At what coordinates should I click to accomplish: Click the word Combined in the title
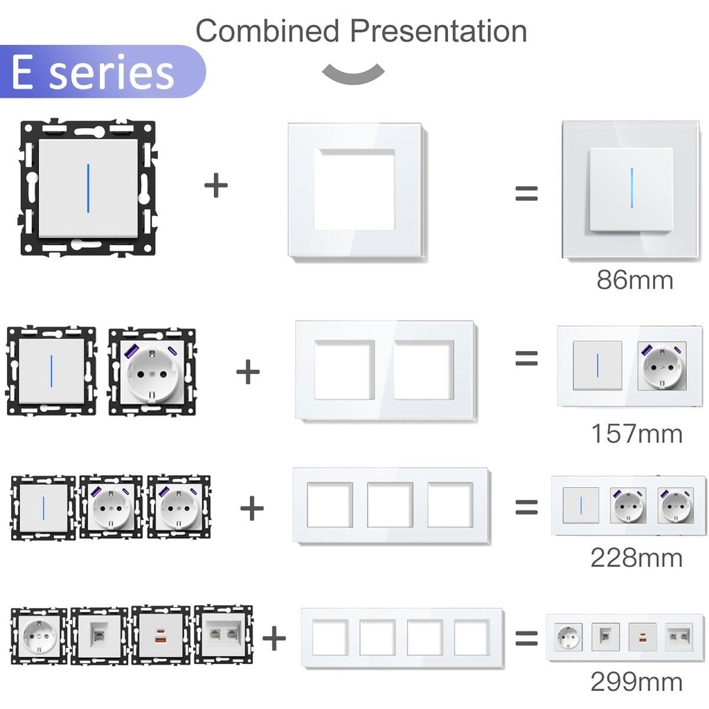coord(267,30)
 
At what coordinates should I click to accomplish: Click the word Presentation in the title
coord(438,30)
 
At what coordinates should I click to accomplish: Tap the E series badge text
coord(93,72)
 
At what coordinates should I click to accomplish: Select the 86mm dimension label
coord(635,280)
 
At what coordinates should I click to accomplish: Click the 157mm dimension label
coord(637,433)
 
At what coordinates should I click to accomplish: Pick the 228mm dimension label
coord(637,557)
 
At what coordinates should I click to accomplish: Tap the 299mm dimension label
coord(637,681)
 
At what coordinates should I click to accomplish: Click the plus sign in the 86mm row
coord(216,186)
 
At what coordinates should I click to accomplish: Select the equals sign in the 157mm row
coord(527,358)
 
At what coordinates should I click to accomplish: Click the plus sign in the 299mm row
coord(274,638)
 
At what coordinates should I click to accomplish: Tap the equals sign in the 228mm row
coord(527,508)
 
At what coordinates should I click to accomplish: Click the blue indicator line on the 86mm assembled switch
coord(631,188)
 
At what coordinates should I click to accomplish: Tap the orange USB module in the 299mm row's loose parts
coord(160,636)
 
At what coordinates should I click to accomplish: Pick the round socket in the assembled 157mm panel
coord(662,366)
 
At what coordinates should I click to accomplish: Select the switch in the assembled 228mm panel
coord(581,505)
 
